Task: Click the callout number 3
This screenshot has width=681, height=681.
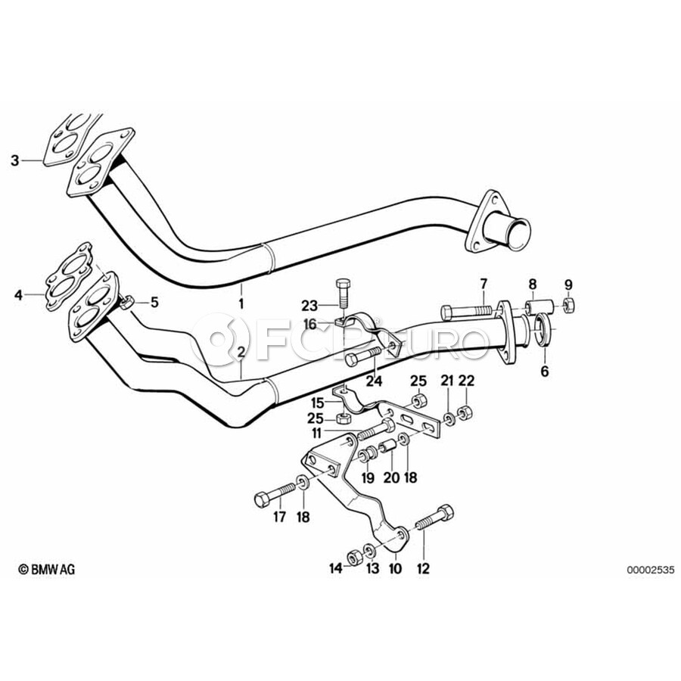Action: pyautogui.click(x=15, y=160)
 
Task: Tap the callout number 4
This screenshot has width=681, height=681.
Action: pyautogui.click(x=18, y=295)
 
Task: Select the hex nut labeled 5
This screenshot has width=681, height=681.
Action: pyautogui.click(x=127, y=302)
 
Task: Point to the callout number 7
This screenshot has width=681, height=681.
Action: pyautogui.click(x=484, y=285)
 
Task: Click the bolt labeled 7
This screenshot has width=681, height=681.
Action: pyautogui.click(x=466, y=312)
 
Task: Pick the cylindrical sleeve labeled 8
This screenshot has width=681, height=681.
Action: pyautogui.click(x=539, y=306)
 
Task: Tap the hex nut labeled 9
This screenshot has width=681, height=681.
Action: pyautogui.click(x=569, y=305)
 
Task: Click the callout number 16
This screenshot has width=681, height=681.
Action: pyautogui.click(x=309, y=324)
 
